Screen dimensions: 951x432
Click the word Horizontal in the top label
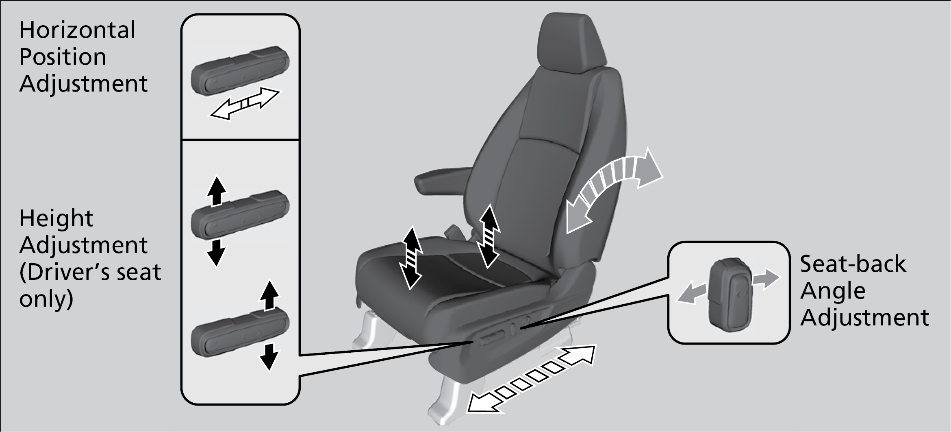[77, 31]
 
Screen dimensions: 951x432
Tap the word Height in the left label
[56, 219]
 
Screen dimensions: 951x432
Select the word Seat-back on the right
[853, 264]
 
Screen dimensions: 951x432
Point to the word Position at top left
[63, 57]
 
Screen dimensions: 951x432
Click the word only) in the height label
[46, 300]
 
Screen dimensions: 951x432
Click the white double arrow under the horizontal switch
[245, 104]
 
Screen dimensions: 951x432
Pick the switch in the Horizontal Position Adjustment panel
[240, 72]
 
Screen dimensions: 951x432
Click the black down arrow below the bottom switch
[268, 356]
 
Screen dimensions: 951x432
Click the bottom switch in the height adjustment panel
[240, 333]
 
